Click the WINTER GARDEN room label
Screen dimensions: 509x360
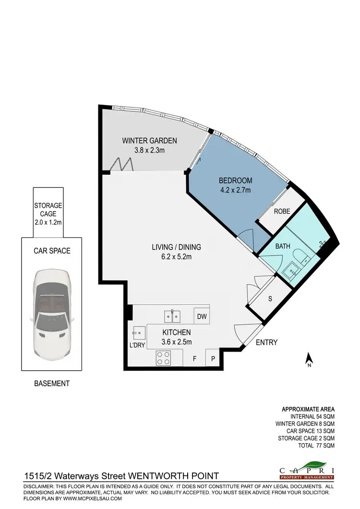pyautogui.click(x=149, y=141)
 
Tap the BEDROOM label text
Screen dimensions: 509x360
pyautogui.click(x=235, y=180)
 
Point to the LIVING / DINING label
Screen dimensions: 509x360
pyautogui.click(x=176, y=248)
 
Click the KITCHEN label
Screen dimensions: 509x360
pyautogui.click(x=177, y=332)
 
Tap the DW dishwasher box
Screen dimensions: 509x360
pyautogui.click(x=201, y=316)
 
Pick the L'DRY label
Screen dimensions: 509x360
pyautogui.click(x=136, y=345)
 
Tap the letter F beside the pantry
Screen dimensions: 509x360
pyautogui.click(x=194, y=358)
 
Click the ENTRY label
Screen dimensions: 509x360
pyautogui.click(x=266, y=343)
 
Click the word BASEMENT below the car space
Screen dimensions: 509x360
pyautogui.click(x=52, y=383)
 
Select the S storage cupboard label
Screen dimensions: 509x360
pyautogui.click(x=270, y=298)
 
